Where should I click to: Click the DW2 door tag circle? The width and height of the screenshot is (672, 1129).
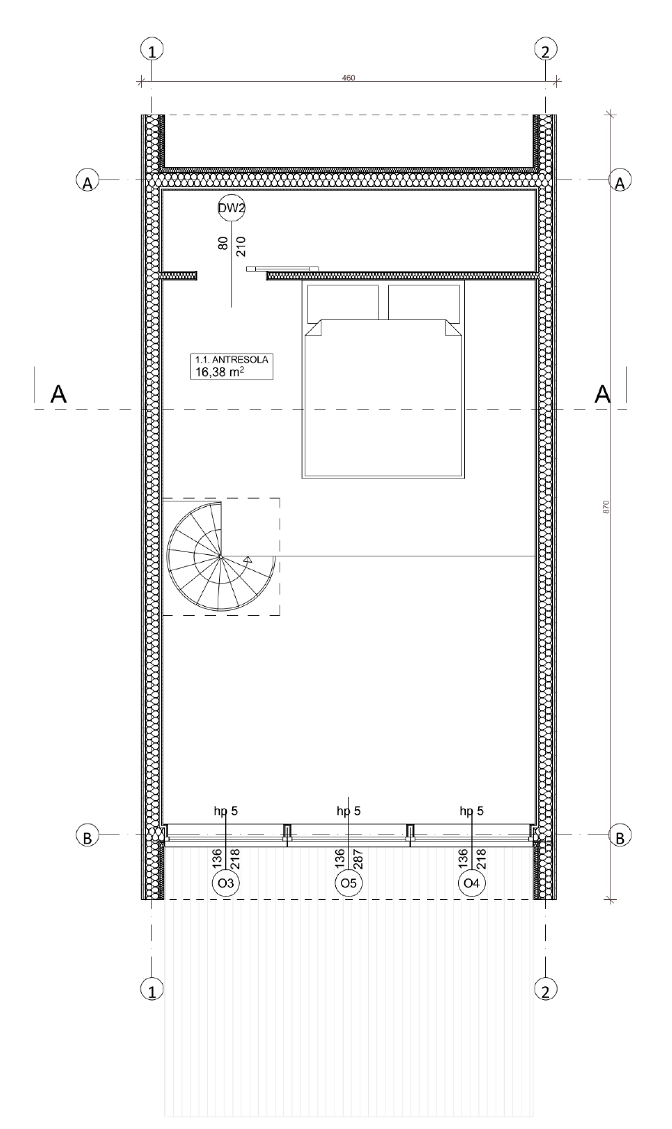coord(231,208)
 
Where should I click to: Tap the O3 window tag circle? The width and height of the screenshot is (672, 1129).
coord(226,883)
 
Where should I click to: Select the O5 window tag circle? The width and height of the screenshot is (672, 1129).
coord(349,883)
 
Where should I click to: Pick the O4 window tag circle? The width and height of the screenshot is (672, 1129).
coord(472,883)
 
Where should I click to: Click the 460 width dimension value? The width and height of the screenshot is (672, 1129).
coord(348,78)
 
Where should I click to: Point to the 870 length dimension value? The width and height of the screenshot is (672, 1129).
coord(606,507)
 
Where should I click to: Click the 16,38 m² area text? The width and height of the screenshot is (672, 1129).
coord(220,372)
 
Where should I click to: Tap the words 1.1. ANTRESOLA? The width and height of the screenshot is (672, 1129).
coord(232,360)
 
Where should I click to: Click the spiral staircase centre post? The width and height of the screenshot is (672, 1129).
coord(221,557)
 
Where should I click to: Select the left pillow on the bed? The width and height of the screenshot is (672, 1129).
coord(343,302)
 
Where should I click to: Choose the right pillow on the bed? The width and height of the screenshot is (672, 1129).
coord(424,302)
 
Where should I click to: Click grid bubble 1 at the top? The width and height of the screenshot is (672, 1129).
coord(152,50)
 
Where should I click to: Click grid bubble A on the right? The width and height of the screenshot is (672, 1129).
coord(620,180)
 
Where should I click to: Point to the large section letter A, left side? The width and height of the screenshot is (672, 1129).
coord(59,394)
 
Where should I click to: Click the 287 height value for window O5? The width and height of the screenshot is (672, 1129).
coord(359,858)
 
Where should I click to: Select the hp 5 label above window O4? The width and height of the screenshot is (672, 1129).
coord(471,811)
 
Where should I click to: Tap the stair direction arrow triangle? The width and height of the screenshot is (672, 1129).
coord(247,559)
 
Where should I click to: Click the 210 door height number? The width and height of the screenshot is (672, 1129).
coord(241,247)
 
